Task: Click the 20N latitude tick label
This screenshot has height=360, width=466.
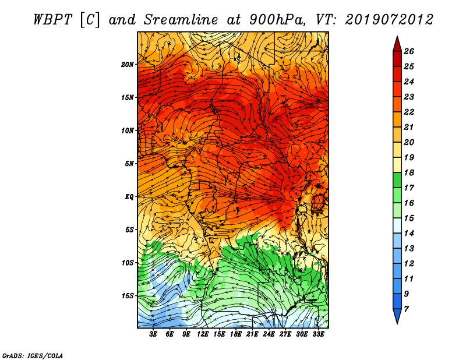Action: point(127,65)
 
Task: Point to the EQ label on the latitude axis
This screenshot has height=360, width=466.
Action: point(129,197)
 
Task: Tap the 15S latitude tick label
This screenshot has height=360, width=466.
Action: point(127,296)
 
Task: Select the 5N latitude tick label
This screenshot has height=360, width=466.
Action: point(129,164)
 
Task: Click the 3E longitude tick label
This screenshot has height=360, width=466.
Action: point(153,334)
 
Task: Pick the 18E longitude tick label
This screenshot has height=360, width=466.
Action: point(236,334)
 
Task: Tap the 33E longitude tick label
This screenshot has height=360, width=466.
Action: point(318,334)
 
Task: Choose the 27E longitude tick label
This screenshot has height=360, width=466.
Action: point(285,334)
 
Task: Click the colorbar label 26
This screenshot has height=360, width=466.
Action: point(409,51)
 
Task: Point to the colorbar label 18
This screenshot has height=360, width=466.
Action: point(409,172)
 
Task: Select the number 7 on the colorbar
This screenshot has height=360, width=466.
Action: point(406,309)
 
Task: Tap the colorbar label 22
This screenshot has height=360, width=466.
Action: point(409,112)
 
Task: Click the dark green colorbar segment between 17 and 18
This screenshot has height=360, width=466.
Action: point(397,180)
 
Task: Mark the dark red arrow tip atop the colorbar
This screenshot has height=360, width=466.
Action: point(397,36)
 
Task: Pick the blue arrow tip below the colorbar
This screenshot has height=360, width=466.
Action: point(397,323)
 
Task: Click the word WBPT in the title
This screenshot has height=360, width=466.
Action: point(52,20)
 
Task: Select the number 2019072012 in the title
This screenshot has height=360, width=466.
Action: point(389,20)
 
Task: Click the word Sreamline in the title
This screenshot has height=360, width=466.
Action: point(181,20)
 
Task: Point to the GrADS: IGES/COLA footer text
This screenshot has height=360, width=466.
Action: point(33,356)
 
